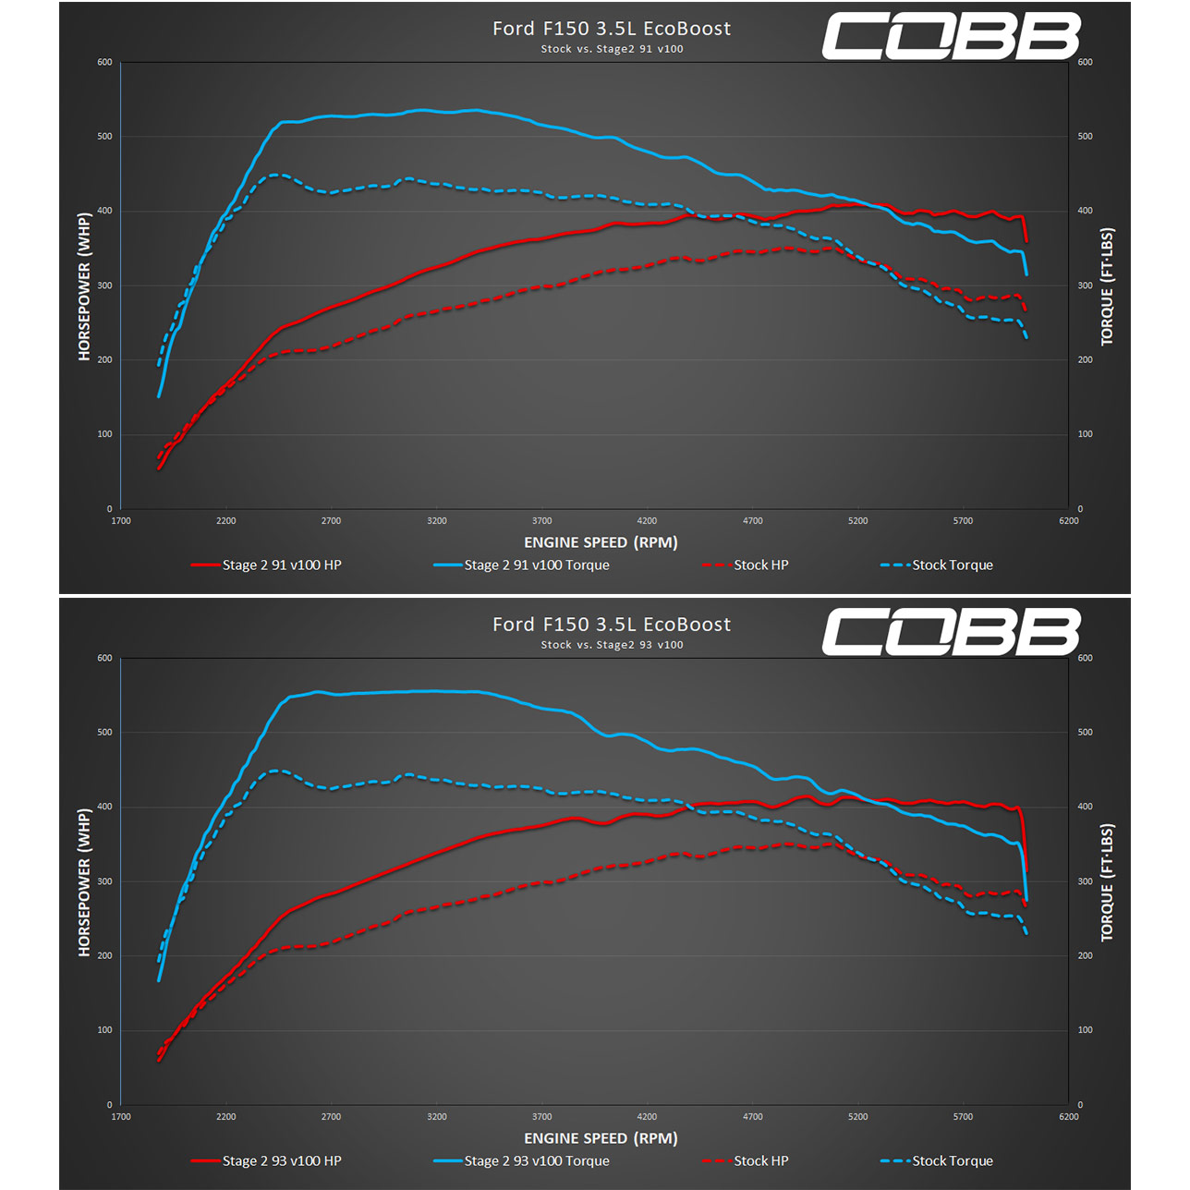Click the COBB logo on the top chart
coord(951,36)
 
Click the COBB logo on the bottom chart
coord(951,632)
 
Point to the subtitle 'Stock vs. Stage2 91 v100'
coord(612,49)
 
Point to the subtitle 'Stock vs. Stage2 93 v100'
coord(612,645)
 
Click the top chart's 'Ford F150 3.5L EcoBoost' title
coord(612,29)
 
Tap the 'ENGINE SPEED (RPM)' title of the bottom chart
coord(601,1138)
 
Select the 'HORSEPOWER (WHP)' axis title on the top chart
coord(84,286)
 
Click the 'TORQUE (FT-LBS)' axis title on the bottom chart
coord(1107,882)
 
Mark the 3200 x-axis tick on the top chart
coord(437,521)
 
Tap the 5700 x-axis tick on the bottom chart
coord(963,1117)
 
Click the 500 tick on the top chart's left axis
coord(104,137)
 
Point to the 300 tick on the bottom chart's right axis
coord(1085,881)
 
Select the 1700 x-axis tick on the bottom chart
coord(121,1117)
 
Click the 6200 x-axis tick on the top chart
coord(1068,521)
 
